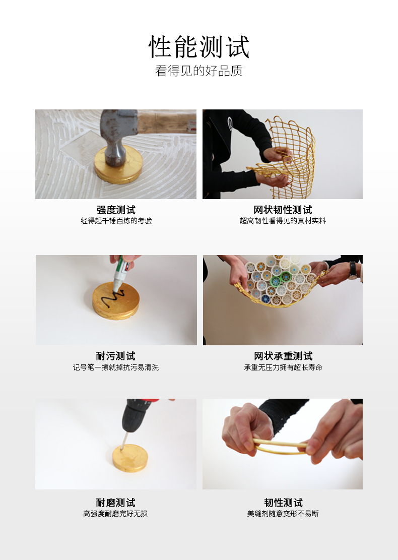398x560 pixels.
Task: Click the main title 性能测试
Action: (199, 46)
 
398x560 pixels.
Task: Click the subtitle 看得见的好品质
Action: (199, 71)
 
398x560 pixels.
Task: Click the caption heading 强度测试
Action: (116, 210)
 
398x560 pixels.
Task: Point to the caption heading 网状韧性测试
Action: (283, 210)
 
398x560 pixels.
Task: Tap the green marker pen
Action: (120, 272)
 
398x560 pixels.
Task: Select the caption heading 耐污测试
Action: (116, 356)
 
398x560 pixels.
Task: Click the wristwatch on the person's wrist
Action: (353, 271)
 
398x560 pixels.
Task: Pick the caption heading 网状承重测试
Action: (283, 356)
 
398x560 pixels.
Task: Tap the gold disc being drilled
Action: (130, 458)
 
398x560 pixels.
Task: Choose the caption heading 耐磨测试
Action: (116, 503)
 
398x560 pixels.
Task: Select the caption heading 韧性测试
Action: (283, 503)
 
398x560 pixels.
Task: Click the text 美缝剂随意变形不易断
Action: (283, 514)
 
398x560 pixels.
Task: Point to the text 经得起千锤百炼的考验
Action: (116, 221)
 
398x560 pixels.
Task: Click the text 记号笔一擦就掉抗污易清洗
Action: (116, 367)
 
